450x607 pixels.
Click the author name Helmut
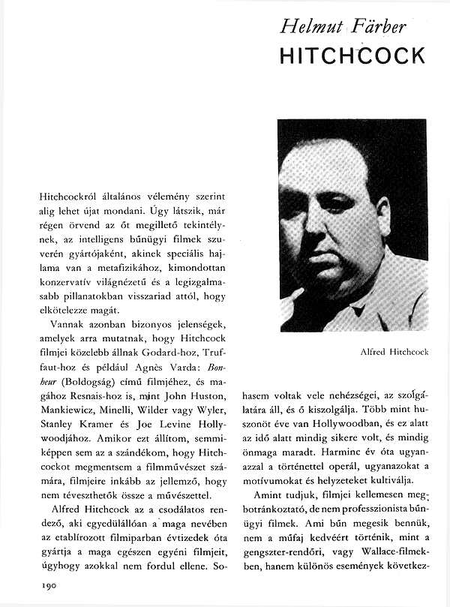pyautogui.click(x=307, y=28)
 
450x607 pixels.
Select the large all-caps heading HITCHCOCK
pyautogui.click(x=352, y=56)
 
